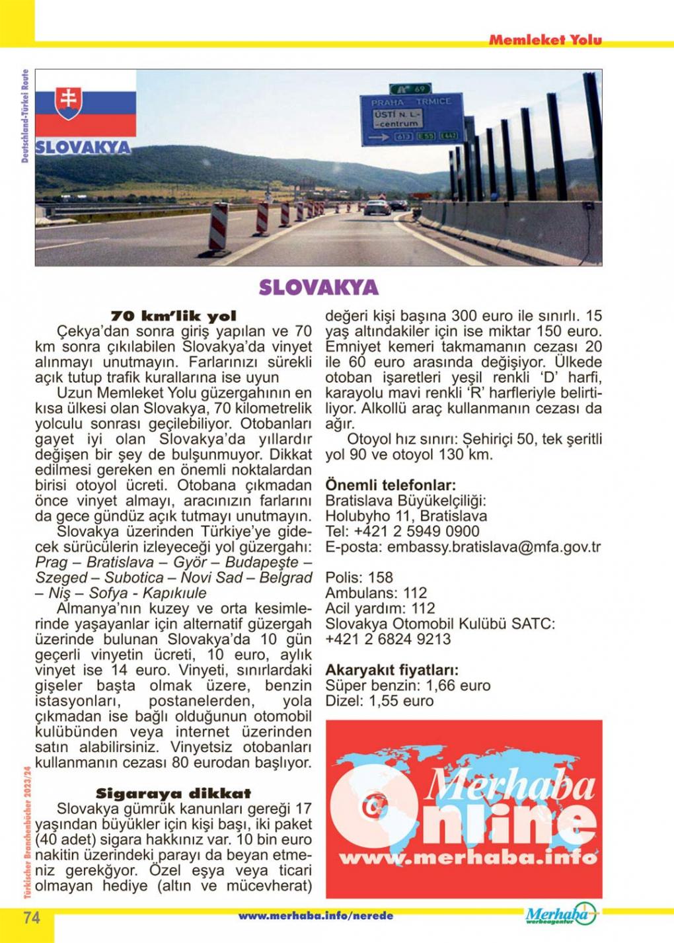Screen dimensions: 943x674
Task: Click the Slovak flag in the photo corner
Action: [85, 104]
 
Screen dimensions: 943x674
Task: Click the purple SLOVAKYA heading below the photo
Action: [318, 288]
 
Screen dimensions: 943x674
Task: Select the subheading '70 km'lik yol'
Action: [173, 316]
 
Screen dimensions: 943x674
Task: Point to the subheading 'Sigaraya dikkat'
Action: [173, 793]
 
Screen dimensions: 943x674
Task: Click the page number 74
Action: [32, 917]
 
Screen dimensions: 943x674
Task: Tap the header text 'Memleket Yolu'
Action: [545, 40]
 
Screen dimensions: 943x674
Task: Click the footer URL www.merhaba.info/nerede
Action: [315, 916]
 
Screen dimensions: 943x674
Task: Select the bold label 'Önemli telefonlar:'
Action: [391, 485]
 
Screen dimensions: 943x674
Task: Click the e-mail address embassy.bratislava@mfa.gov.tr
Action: [494, 547]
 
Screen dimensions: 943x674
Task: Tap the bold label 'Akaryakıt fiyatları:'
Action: [392, 670]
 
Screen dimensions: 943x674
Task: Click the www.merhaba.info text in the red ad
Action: [468, 858]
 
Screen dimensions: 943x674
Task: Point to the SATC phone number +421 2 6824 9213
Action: [388, 639]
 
